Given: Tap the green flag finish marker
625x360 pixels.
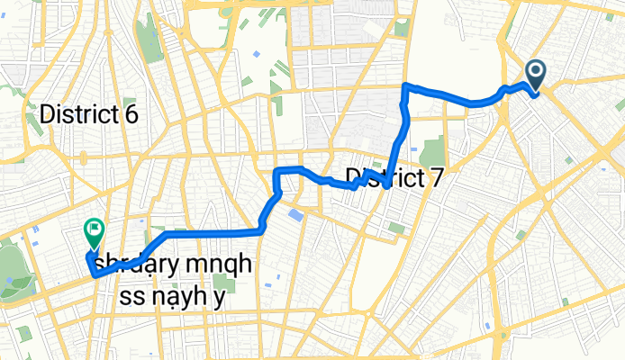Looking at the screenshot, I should point(94,233).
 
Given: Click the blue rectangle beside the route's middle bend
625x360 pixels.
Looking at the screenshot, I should point(295,215).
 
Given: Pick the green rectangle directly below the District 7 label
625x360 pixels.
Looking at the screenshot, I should point(396,228).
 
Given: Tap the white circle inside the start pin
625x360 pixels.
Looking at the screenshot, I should point(534,72).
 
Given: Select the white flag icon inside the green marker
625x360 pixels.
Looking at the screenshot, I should point(94,230).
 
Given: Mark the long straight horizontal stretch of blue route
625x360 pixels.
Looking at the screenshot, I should point(212,233).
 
